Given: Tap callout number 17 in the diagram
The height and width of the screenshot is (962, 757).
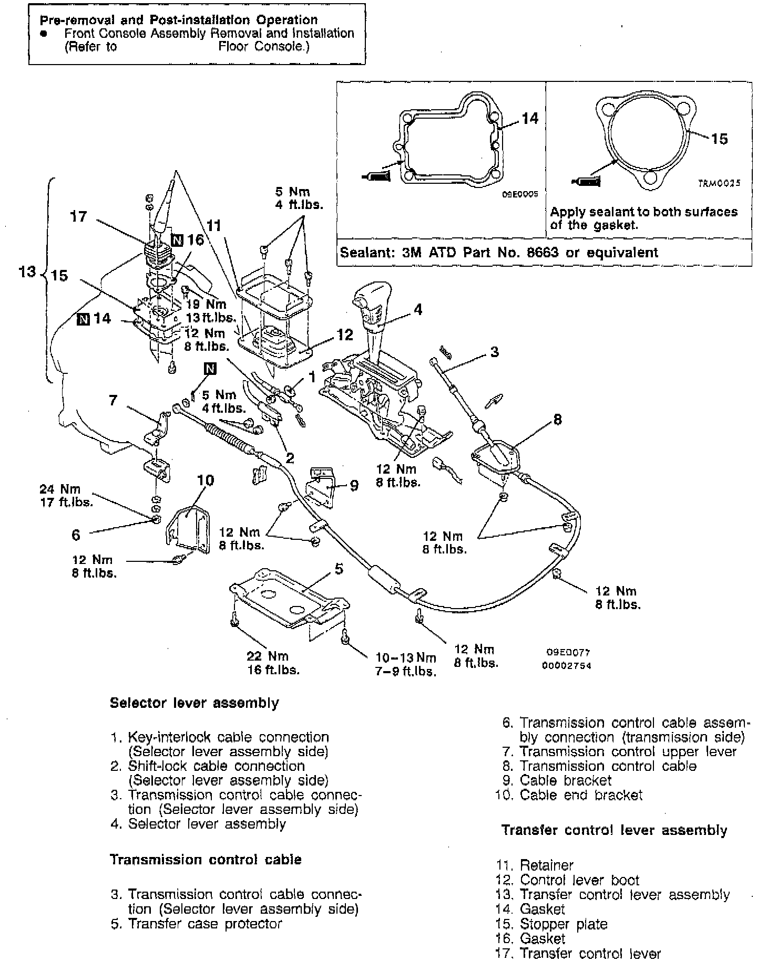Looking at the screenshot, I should pos(78,216).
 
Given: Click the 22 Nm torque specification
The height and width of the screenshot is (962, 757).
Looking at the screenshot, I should pos(268,656).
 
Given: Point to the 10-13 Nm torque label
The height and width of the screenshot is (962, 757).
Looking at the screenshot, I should pos(405,657).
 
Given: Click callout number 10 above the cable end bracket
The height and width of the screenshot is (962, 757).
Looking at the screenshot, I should pos(206,480).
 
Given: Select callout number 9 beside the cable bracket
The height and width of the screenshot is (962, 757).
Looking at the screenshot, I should pos(354,486).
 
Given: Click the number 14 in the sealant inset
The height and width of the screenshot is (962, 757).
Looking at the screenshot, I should pos(529,119).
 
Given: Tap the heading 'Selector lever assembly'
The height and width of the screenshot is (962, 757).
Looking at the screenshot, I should pos(194,703).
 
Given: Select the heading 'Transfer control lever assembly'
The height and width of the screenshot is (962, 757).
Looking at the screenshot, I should pos(614,830).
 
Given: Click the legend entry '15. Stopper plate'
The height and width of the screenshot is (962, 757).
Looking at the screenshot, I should pos(551,924).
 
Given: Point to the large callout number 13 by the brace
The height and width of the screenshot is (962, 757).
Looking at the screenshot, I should pos(27,271).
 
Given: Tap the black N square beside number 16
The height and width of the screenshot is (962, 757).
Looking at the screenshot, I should pos(177,240).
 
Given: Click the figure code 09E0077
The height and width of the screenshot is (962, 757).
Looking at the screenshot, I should pos(568,652).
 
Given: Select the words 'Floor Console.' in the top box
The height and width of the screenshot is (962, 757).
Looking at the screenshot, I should pos(263,47).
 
